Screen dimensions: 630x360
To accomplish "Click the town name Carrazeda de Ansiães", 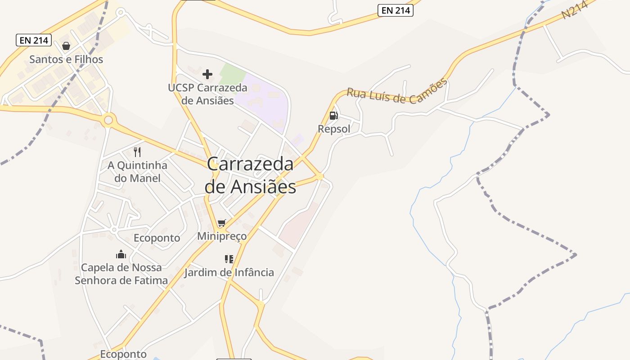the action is (x=250, y=175).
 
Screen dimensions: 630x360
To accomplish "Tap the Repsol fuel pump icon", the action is (x=333, y=116).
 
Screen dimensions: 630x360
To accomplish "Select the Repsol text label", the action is (x=334, y=129).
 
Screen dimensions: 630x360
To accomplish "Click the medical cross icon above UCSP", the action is (x=207, y=74).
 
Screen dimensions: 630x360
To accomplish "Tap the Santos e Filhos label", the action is (x=66, y=59).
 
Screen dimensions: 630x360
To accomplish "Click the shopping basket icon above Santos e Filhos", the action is (x=66, y=46).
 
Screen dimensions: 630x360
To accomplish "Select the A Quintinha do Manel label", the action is (x=137, y=171).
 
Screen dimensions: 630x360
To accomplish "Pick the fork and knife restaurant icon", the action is (x=137, y=152).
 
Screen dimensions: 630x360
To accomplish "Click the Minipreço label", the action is (x=222, y=236).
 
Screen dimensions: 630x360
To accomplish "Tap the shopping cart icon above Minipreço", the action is (x=221, y=223).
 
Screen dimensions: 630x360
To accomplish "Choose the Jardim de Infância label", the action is (x=229, y=272).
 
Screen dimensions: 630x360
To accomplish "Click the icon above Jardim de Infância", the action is (x=229, y=259).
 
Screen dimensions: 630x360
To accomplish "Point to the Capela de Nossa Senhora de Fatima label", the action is (x=121, y=274).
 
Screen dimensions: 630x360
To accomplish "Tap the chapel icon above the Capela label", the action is (x=121, y=255).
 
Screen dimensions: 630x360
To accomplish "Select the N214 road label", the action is (x=575, y=9).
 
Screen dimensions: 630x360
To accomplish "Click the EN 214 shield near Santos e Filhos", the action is (x=34, y=40).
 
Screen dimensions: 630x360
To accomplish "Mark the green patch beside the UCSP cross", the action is (x=233, y=72).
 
